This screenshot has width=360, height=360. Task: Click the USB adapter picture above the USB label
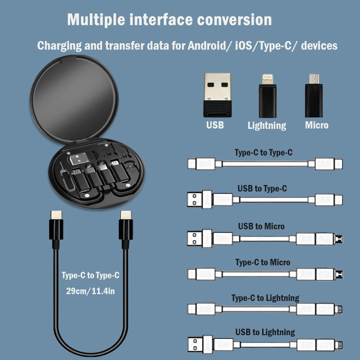(x=217, y=94)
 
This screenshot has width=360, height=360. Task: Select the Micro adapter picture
(x=314, y=96)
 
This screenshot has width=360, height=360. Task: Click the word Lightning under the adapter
(x=267, y=125)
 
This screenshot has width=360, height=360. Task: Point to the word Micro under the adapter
(x=317, y=125)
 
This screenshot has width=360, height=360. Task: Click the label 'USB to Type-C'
(x=262, y=188)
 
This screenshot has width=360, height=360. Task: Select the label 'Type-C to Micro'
(x=263, y=262)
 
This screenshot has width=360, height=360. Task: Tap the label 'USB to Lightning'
(x=265, y=332)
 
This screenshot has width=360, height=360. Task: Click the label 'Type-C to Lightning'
(x=265, y=298)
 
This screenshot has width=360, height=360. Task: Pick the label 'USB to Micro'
(x=261, y=226)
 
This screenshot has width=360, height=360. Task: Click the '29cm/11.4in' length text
(x=90, y=291)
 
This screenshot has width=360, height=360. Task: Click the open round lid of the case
(x=74, y=97)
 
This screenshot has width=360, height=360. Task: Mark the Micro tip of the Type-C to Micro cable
(x=339, y=274)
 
